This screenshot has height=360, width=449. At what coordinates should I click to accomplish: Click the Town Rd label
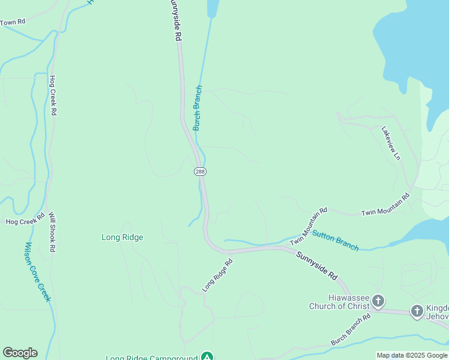13,22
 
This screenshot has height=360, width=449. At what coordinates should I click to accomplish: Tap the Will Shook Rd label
52,232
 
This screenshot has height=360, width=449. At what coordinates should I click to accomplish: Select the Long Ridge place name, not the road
122,237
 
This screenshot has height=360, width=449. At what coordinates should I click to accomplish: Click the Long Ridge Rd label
217,275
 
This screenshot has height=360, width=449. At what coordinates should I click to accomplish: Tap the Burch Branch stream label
197,108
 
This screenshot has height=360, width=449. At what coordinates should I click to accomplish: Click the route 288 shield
200,172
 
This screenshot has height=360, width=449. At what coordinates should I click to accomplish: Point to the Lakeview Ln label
391,143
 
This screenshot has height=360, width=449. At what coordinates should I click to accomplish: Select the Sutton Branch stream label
335,240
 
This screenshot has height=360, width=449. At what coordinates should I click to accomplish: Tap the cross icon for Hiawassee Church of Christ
378,300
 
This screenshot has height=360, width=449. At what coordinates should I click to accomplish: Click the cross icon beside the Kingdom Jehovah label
417,311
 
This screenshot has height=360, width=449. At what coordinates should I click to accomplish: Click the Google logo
20,353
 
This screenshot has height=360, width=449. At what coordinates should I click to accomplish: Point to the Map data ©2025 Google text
412,355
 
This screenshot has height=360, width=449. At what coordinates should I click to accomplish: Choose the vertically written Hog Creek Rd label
53,95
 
